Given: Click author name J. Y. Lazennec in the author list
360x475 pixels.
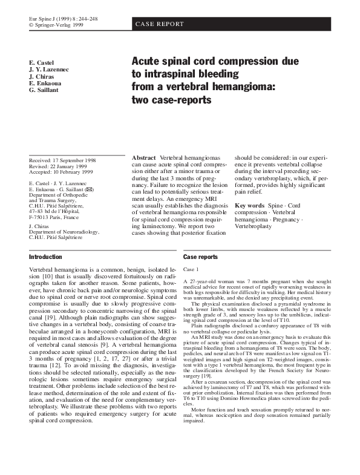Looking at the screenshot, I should click(49, 70).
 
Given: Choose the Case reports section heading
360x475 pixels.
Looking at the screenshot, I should click(200, 257).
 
